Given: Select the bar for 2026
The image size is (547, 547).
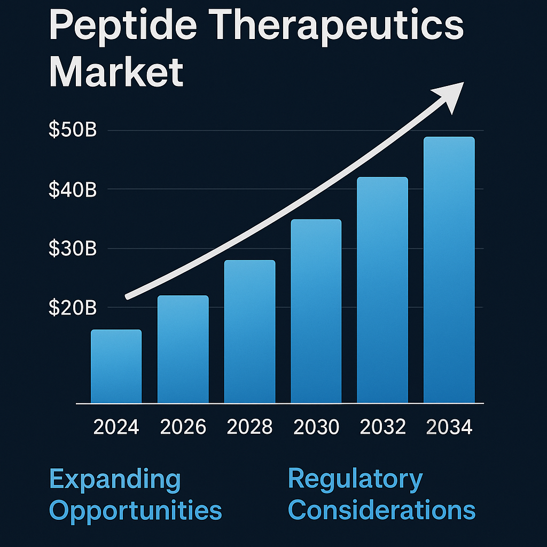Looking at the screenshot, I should (183, 349).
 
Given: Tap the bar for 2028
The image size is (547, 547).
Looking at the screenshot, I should (249, 332).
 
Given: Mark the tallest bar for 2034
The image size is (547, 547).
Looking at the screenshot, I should (449, 270).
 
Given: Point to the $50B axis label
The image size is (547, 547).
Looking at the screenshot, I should (72, 130).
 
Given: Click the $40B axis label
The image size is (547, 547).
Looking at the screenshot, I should (72, 190).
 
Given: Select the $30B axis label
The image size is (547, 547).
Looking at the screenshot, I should (72, 248).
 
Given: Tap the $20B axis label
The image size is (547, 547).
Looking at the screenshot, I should (72, 308).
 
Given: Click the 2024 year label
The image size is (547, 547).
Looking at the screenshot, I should (116, 427).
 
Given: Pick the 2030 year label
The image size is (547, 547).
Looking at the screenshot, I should (316, 427).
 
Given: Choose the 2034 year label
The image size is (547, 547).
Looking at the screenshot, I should (449, 427).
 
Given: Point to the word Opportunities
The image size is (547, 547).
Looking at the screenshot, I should (135, 510).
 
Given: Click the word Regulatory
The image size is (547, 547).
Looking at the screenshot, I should (355, 479).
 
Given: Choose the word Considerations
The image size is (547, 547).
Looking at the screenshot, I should (381, 510).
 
